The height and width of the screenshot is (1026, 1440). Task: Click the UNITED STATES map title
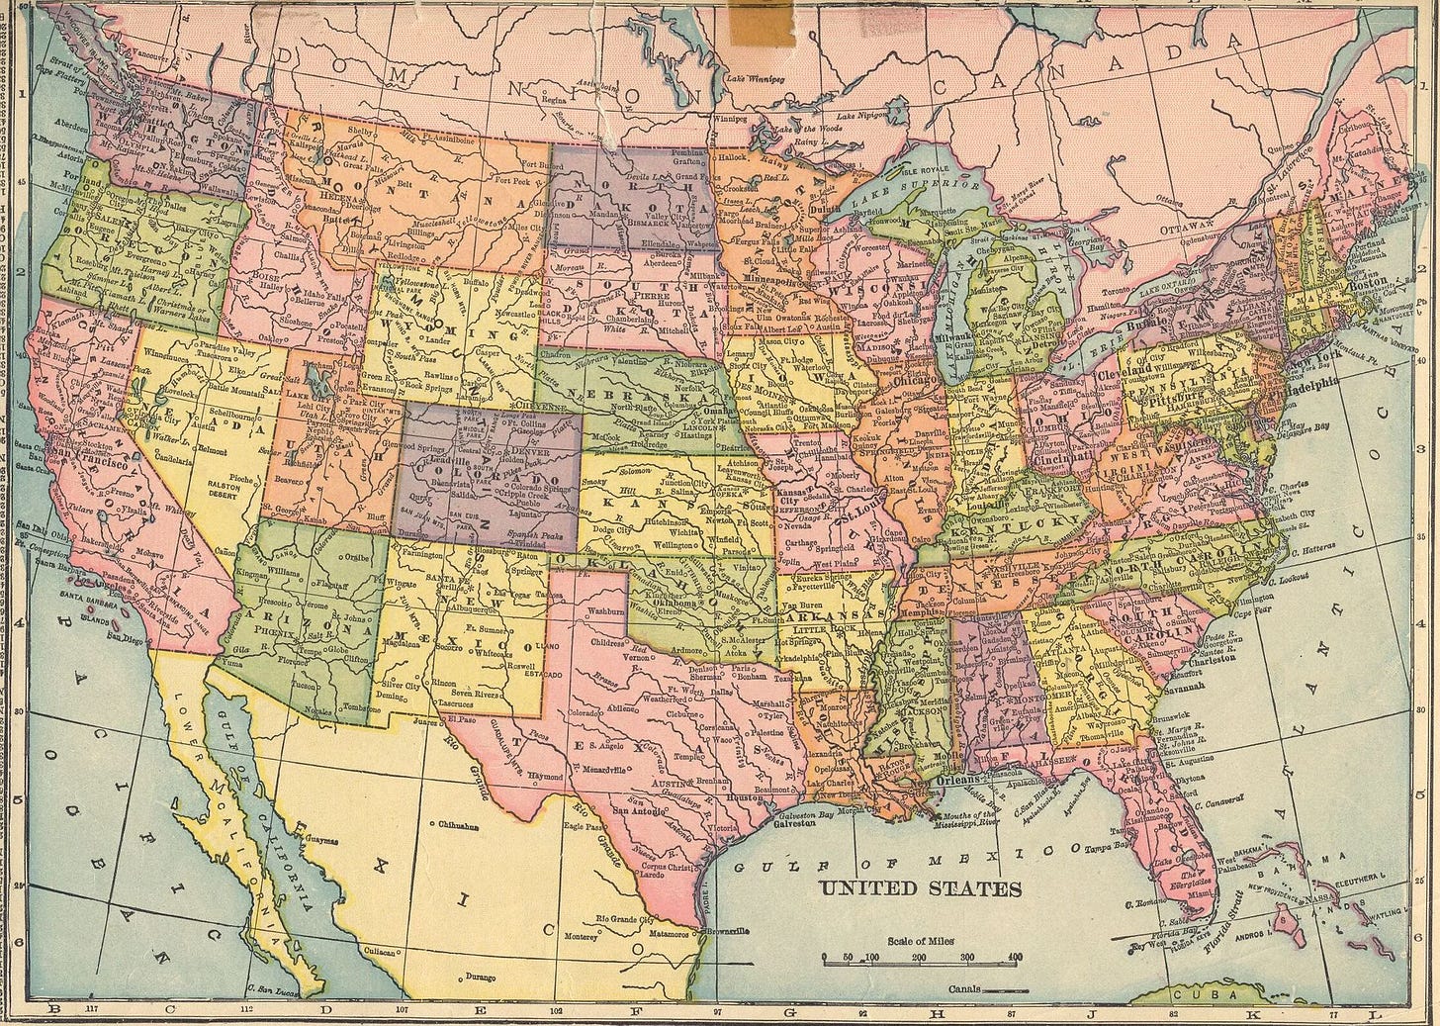click(x=920, y=888)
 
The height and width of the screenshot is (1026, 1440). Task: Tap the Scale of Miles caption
click(x=921, y=941)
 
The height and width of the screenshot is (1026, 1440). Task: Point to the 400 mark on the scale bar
click(x=1014, y=958)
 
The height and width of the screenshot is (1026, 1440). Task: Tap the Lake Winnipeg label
click(x=756, y=76)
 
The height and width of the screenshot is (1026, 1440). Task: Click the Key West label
click(x=1147, y=945)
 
